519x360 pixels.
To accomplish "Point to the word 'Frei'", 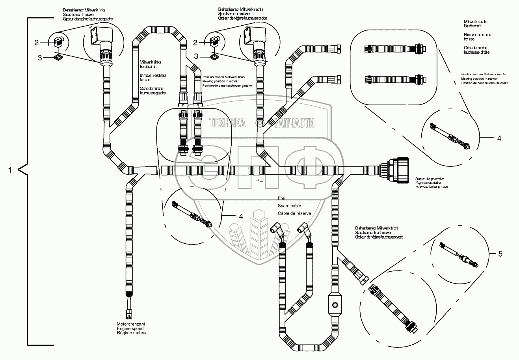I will (x=281, y=198).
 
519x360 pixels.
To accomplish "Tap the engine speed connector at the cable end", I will (x=129, y=313).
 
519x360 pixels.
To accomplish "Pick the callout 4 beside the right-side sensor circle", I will (x=499, y=138).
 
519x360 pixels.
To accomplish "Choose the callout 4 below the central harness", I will (x=240, y=216).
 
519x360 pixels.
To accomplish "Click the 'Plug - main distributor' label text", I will (x=431, y=183).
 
